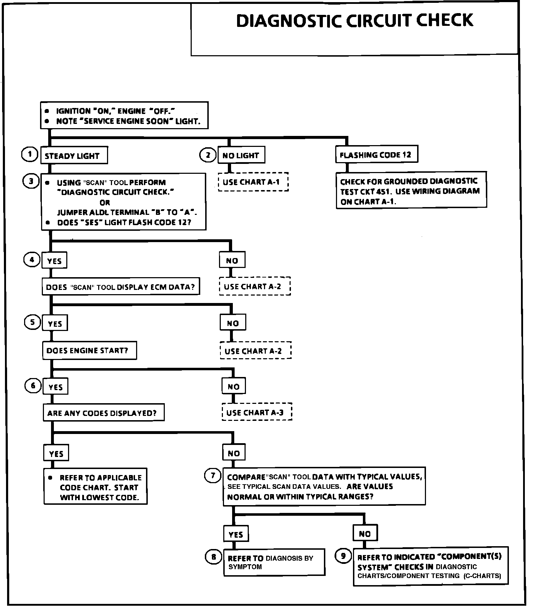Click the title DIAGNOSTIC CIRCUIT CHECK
(x=354, y=21)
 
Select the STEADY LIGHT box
(x=74, y=155)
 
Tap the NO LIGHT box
(x=241, y=155)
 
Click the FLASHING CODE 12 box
(x=376, y=154)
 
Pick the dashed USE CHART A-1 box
(x=253, y=182)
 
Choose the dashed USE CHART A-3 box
(x=257, y=412)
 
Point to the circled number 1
(x=30, y=154)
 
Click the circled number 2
(x=208, y=155)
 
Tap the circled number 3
(x=31, y=181)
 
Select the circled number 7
(x=213, y=475)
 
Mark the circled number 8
(x=213, y=557)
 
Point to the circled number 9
(x=343, y=556)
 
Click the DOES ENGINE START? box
(x=89, y=350)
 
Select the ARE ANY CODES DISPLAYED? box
(x=103, y=412)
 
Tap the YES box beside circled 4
(x=55, y=261)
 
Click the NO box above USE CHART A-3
(x=234, y=387)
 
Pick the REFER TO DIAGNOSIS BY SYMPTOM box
(x=274, y=562)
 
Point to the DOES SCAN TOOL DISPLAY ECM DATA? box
(x=120, y=287)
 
